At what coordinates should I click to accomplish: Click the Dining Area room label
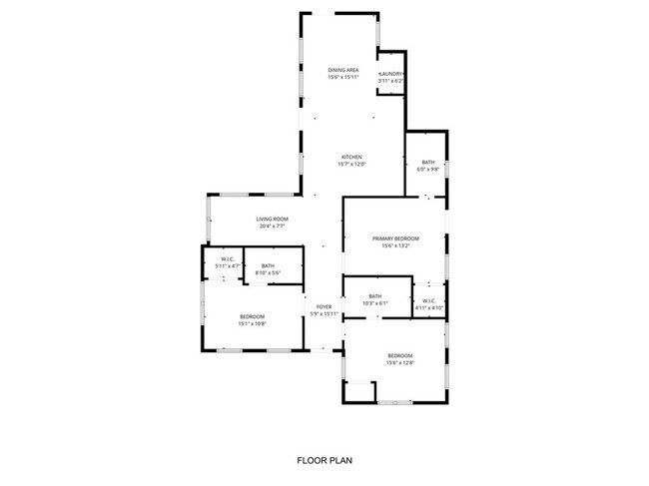[x=343, y=69]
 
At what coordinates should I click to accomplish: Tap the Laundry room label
[x=390, y=74]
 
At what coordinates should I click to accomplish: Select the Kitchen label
[x=351, y=157]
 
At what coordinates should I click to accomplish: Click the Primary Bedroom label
[x=395, y=239]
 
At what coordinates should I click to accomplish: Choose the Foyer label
[x=324, y=306]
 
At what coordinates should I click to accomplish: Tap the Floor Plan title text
[x=324, y=461]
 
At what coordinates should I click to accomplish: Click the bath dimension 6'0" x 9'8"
[x=427, y=169]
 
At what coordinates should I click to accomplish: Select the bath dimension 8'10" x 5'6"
[x=268, y=272]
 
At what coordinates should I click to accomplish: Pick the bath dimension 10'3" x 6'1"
[x=374, y=303]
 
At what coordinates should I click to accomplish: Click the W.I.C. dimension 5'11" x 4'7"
[x=228, y=266]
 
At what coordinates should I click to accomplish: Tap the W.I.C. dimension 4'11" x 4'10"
[x=428, y=307]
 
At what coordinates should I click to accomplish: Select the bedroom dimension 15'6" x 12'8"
[x=399, y=362]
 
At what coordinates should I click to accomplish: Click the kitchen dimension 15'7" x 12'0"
[x=351, y=164]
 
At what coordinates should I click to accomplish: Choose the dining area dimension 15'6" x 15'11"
[x=343, y=76]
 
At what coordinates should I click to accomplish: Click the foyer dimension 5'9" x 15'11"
[x=324, y=313]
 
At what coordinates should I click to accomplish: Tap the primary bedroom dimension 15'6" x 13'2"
[x=395, y=245]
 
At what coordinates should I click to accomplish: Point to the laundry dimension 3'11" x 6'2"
[x=390, y=81]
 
